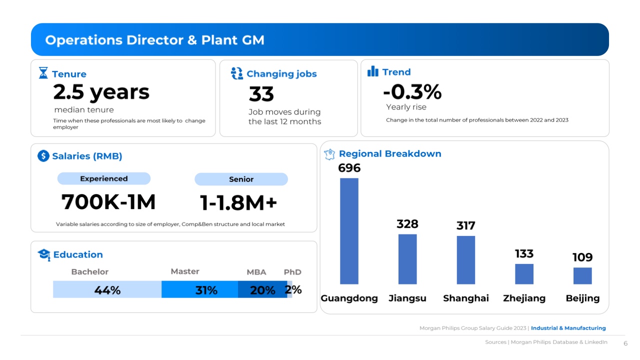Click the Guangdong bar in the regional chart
[349, 231]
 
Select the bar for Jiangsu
[407, 259]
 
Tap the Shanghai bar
[465, 260]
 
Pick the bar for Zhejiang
[524, 274]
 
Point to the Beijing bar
[582, 276]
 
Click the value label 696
[349, 168]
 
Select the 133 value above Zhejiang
[524, 253]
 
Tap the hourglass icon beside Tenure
[43, 73]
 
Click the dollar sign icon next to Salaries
[43, 156]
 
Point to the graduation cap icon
[44, 254]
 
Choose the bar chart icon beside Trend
[373, 72]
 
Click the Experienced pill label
[104, 178]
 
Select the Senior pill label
[241, 179]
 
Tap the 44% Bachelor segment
[107, 290]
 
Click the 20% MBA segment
[262, 290]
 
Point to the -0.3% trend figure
[412, 92]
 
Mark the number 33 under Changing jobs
[261, 94]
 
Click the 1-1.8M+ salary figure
[238, 203]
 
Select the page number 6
[625, 343]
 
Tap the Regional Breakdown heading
[390, 153]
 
